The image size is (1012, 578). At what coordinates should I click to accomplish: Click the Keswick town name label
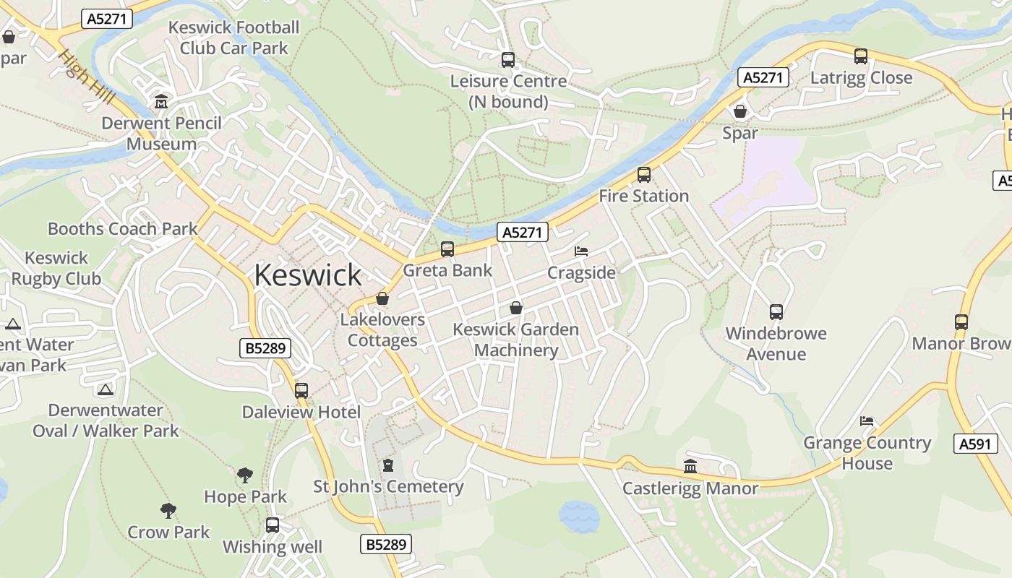tap(308, 275)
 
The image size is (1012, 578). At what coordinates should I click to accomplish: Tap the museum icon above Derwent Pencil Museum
tap(161, 102)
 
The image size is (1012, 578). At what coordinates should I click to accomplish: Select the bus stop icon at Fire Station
tap(643, 175)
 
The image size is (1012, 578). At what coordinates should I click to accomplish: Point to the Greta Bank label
tap(447, 271)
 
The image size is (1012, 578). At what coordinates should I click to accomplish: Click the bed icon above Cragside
tap(581, 251)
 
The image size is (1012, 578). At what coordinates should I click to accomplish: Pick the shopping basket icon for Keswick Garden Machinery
tap(516, 308)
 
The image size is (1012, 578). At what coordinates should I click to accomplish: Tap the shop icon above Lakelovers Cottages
tap(382, 298)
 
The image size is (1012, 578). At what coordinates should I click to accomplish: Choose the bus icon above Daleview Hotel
tap(301, 391)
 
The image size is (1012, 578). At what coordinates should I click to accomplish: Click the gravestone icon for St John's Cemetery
tap(388, 465)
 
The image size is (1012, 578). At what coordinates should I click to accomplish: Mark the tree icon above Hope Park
tap(245, 475)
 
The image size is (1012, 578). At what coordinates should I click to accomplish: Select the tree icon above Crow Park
tap(168, 511)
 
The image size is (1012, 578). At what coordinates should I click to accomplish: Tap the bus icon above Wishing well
tap(273, 525)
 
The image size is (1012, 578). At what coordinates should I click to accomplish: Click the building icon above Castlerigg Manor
tap(690, 467)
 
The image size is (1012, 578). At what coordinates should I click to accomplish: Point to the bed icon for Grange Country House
tap(867, 421)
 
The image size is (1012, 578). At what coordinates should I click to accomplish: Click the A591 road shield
tap(974, 444)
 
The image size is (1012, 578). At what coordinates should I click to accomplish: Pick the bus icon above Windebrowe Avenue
tap(776, 312)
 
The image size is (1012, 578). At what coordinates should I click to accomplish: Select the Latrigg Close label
tap(862, 78)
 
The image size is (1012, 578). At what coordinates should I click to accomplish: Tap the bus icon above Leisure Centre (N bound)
tap(508, 60)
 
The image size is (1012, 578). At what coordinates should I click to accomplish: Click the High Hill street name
tap(87, 76)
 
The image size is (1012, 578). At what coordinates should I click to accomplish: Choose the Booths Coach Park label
tap(123, 230)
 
